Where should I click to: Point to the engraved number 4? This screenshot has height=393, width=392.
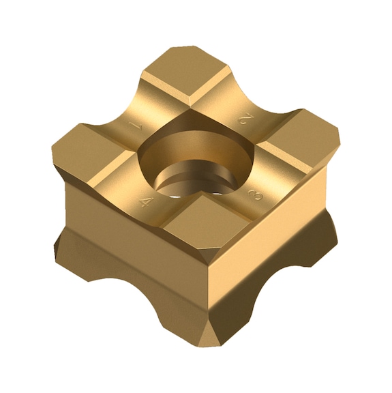pyautogui.click(x=146, y=201)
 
